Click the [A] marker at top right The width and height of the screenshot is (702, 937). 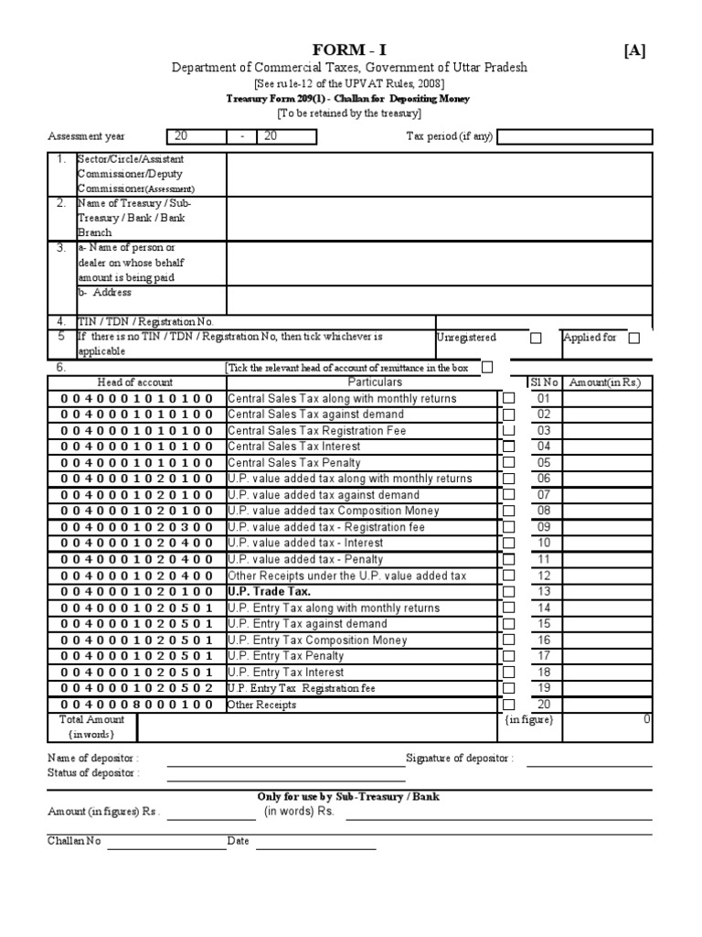click(634, 50)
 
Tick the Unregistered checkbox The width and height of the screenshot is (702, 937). click(536, 338)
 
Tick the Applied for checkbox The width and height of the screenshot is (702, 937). click(634, 338)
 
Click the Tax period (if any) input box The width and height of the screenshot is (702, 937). click(575, 137)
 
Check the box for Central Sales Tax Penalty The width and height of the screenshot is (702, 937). click(509, 463)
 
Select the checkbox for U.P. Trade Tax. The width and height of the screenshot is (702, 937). click(509, 592)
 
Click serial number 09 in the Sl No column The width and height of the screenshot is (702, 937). click(544, 527)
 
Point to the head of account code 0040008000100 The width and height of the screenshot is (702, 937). click(137, 705)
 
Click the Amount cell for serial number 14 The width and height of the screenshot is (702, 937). click(607, 608)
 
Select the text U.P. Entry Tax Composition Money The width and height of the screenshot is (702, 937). click(318, 641)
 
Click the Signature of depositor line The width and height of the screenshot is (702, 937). click(589, 759)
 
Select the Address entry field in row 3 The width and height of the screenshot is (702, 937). click(439, 299)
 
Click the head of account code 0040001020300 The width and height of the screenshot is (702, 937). click(137, 527)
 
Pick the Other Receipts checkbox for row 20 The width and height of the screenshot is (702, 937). click(509, 705)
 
